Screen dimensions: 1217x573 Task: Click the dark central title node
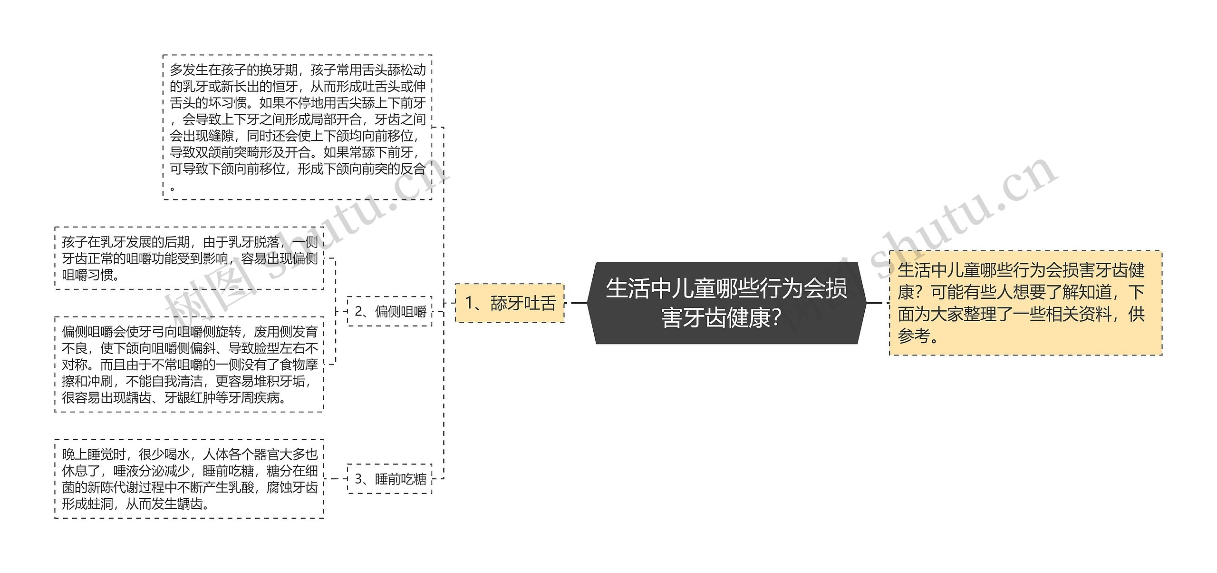(726, 303)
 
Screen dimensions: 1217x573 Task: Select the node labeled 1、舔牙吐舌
(510, 303)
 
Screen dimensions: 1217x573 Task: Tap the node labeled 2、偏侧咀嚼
(390, 311)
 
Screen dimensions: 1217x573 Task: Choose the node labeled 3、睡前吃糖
(390, 479)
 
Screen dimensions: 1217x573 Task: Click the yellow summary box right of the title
(1025, 303)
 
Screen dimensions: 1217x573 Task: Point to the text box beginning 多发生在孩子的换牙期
(297, 127)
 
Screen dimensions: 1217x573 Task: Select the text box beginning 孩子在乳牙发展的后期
(189, 258)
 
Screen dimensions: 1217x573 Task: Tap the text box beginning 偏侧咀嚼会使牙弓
(189, 365)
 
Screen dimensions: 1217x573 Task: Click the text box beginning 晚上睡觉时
(189, 479)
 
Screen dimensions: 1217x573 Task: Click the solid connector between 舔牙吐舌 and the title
(579, 303)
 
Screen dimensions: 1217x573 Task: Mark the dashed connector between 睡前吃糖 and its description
(336, 479)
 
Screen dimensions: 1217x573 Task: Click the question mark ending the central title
(776, 318)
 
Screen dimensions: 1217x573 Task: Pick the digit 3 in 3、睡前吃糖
(359, 479)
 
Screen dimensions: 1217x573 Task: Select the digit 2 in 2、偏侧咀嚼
(359, 311)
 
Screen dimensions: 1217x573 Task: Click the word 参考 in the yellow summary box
(914, 336)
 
